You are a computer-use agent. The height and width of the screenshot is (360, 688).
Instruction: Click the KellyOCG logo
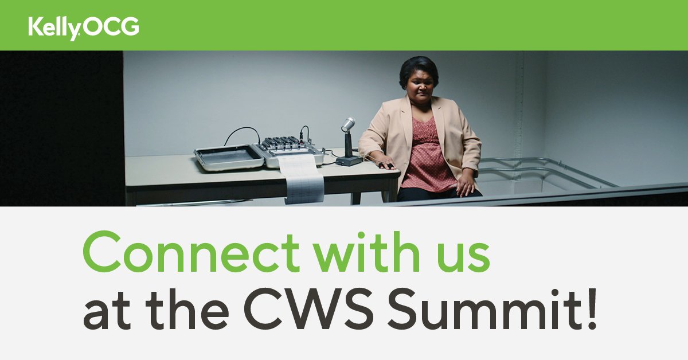(84, 28)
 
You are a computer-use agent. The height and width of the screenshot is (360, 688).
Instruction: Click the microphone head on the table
(348, 124)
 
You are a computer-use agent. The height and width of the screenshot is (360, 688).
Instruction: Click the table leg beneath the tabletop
(356, 198)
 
